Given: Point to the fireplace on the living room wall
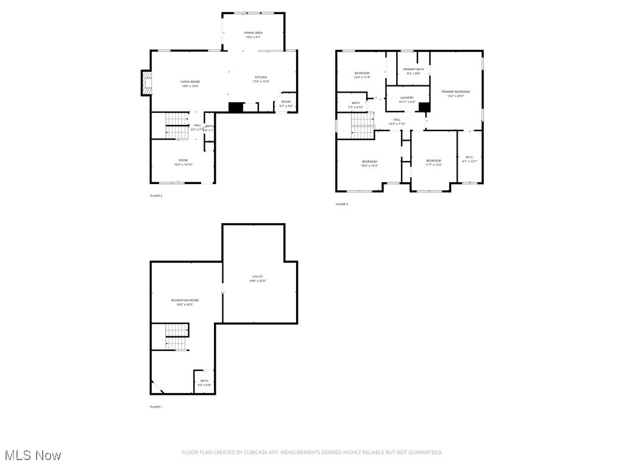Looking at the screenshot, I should pyautogui.click(x=146, y=83).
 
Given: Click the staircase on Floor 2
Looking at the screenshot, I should pyautogui.click(x=177, y=126).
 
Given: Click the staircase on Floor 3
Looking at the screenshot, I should pyautogui.click(x=362, y=127).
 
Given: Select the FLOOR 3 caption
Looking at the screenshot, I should pyautogui.click(x=341, y=204).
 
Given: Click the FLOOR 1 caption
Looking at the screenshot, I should pyautogui.click(x=156, y=406).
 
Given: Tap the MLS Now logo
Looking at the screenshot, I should pyautogui.click(x=32, y=455).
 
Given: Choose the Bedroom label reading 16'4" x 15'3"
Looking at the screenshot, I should pyautogui.click(x=369, y=163).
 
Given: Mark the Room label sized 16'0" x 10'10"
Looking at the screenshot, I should pyautogui.click(x=183, y=162).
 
